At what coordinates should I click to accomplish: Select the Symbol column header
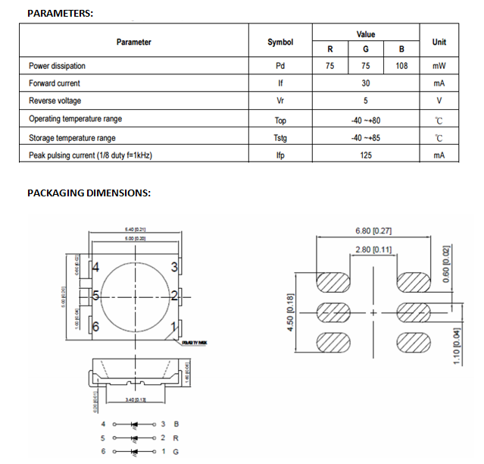[x=280, y=42]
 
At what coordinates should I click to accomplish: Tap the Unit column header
[x=439, y=42]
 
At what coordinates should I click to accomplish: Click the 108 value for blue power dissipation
[x=401, y=66]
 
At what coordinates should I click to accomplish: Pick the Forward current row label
[x=55, y=83]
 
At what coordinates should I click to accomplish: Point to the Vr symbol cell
[x=280, y=102]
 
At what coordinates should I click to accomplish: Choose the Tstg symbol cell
[x=280, y=139]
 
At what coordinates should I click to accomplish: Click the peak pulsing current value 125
[x=366, y=156]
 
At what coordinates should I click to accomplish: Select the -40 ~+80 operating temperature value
[x=366, y=120]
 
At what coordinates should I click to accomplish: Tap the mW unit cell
[x=439, y=66]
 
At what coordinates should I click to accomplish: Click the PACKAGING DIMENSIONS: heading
[x=89, y=193]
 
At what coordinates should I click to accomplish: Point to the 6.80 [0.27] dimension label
[x=373, y=231]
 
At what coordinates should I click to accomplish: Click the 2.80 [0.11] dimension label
[x=373, y=249]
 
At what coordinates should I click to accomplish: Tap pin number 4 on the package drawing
[x=96, y=267]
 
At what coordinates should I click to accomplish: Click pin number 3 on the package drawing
[x=174, y=267]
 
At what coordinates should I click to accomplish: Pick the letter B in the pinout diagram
[x=176, y=424]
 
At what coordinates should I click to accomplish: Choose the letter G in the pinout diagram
[x=176, y=453]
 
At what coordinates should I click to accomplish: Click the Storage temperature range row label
[x=72, y=138]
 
